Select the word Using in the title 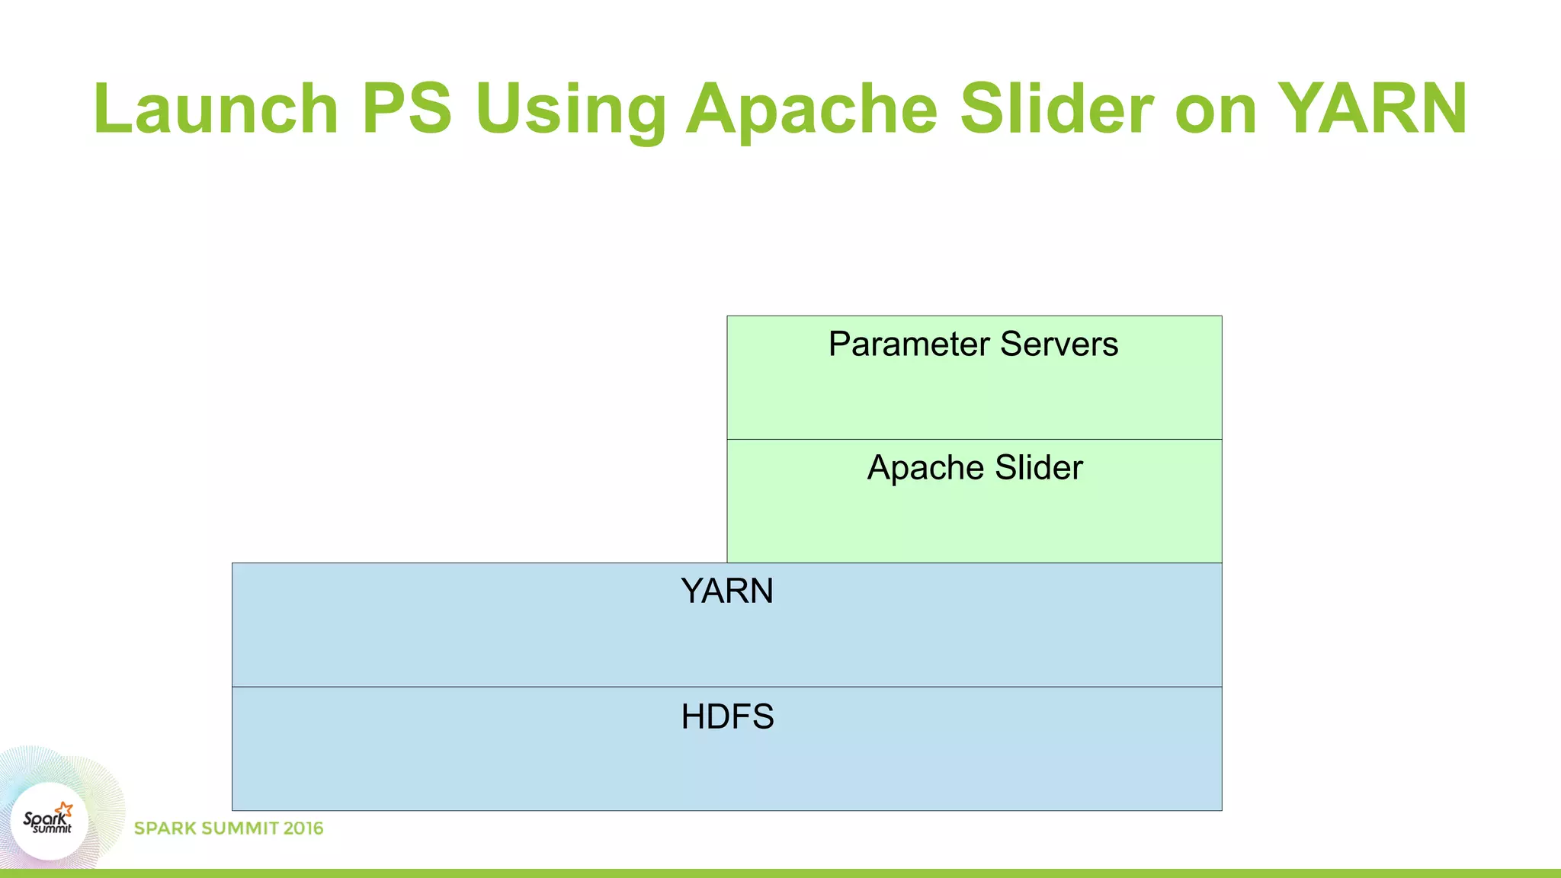tap(570, 111)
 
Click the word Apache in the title tap(811, 111)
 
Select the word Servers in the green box tap(1059, 344)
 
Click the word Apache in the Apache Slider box tap(925, 469)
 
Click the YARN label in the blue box tap(726, 591)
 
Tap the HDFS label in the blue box tap(727, 716)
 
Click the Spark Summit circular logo tap(50, 822)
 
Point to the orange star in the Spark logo tap(64, 809)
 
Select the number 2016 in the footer tap(303, 828)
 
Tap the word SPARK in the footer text tap(163, 828)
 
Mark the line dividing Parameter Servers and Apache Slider tap(974, 439)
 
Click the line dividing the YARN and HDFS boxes tap(726, 687)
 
